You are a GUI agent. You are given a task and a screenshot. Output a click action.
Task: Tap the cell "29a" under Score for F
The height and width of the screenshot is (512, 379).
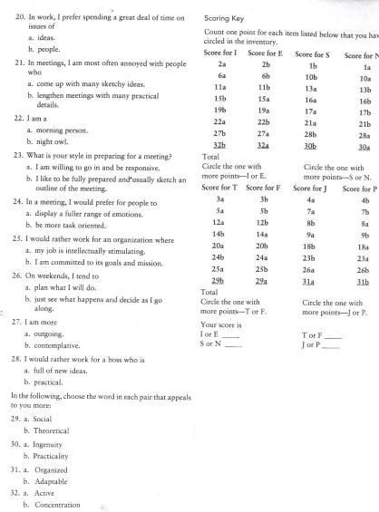(x=265, y=282)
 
